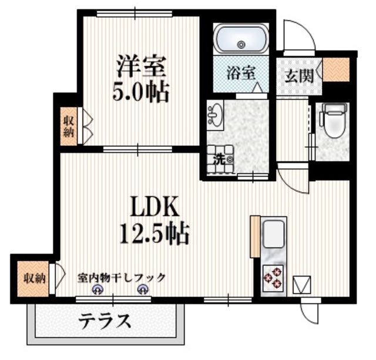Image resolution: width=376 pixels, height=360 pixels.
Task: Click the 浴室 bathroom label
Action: [241, 74]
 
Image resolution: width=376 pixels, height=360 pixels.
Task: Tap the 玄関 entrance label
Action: [298, 75]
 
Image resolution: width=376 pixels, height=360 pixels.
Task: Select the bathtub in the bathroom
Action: [241, 40]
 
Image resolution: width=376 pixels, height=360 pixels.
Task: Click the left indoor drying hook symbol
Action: [98, 289]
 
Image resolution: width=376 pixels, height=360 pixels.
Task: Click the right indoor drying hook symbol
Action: [142, 289]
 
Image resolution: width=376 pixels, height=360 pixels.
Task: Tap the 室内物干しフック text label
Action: [122, 277]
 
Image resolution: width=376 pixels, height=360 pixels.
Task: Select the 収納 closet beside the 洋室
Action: [69, 125]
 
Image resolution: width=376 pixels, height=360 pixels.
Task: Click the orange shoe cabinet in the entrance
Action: [337, 70]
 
